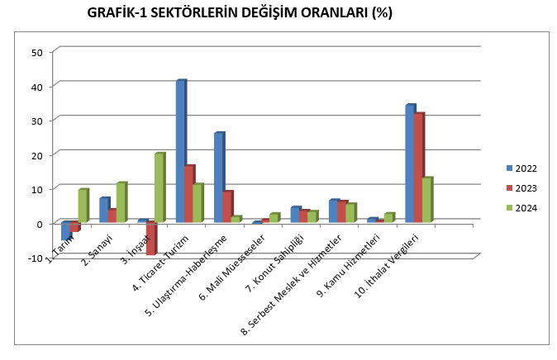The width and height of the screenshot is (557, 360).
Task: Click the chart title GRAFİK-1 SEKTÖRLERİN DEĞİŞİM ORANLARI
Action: click(239, 13)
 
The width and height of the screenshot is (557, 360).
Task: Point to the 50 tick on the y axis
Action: click(36, 52)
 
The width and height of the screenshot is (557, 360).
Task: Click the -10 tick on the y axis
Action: click(35, 258)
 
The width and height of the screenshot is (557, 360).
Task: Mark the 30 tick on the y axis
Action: click(36, 121)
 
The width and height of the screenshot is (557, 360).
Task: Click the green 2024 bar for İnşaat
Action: click(159, 187)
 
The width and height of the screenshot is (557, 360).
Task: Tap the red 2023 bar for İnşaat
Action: click(151, 239)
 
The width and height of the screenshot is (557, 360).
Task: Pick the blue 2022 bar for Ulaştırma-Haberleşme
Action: click(219, 177)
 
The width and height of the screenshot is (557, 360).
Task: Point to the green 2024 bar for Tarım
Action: click(83, 206)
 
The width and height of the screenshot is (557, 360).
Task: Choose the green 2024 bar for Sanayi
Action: click(121, 202)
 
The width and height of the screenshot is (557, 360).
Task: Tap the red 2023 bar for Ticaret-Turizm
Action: click(189, 193)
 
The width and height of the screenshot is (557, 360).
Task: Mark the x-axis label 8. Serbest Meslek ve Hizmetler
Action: click(285, 286)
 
